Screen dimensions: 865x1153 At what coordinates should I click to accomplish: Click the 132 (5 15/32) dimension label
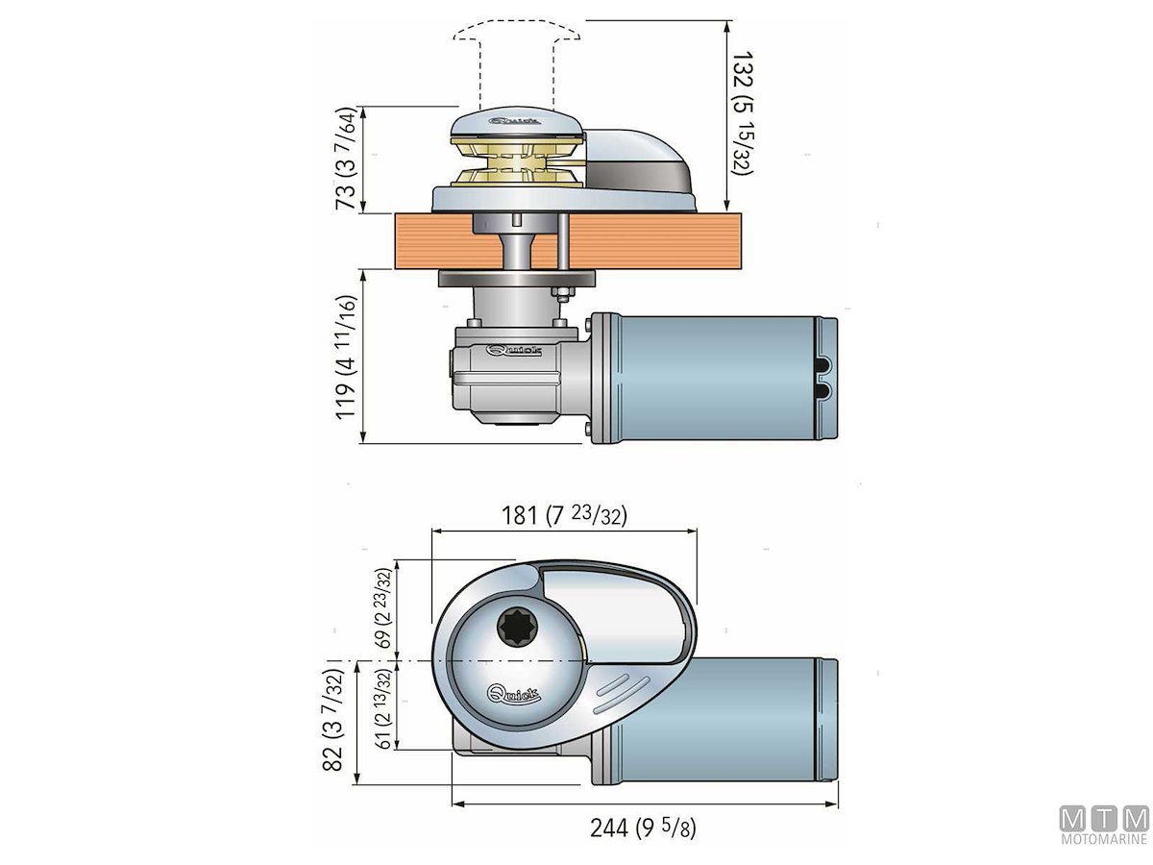tap(741, 113)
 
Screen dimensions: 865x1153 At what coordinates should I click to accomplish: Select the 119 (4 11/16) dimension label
tap(347, 356)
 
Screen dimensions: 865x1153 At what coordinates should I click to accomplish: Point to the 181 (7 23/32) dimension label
tap(565, 515)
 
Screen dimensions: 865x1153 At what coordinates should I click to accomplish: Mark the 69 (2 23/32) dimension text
tap(382, 611)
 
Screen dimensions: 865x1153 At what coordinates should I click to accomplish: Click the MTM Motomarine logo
tap(1104, 826)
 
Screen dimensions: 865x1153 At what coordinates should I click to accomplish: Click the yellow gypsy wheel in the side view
tap(520, 164)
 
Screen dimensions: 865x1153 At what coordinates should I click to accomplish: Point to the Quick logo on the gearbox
tap(514, 352)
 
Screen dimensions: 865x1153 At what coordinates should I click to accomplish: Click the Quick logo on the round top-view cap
tap(515, 692)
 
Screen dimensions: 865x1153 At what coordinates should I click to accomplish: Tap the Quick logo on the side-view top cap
tap(517, 121)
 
